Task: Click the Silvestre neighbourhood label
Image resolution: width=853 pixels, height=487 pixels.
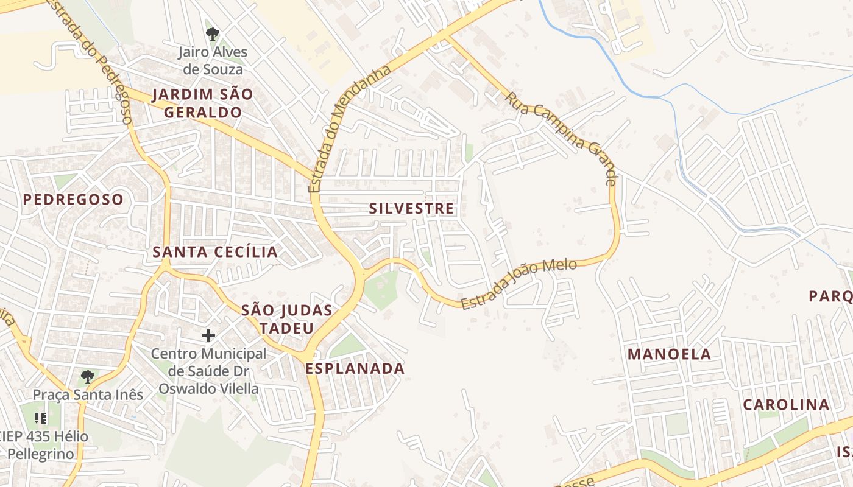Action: pos(412,209)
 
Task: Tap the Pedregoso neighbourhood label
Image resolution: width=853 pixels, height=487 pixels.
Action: pos(73,200)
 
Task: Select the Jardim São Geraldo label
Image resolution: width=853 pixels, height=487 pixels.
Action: pos(202,103)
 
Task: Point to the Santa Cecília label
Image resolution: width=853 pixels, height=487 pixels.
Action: pos(215,252)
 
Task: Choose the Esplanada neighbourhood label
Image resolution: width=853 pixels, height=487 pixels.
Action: pos(355,368)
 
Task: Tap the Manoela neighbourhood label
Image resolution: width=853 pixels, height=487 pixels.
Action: pos(670,354)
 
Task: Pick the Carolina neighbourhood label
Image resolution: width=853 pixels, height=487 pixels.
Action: pos(786,405)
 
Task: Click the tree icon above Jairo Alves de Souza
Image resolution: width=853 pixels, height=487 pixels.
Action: pos(211,33)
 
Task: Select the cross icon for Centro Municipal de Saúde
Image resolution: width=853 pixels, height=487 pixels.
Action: pos(208,335)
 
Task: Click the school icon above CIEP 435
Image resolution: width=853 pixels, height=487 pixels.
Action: pos(41,418)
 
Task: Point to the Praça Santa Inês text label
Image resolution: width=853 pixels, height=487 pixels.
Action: pos(88,394)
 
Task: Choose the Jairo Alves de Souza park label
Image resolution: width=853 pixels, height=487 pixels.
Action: pos(211,61)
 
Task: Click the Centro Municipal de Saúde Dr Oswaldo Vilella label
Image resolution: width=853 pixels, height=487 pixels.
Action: pos(209,371)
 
